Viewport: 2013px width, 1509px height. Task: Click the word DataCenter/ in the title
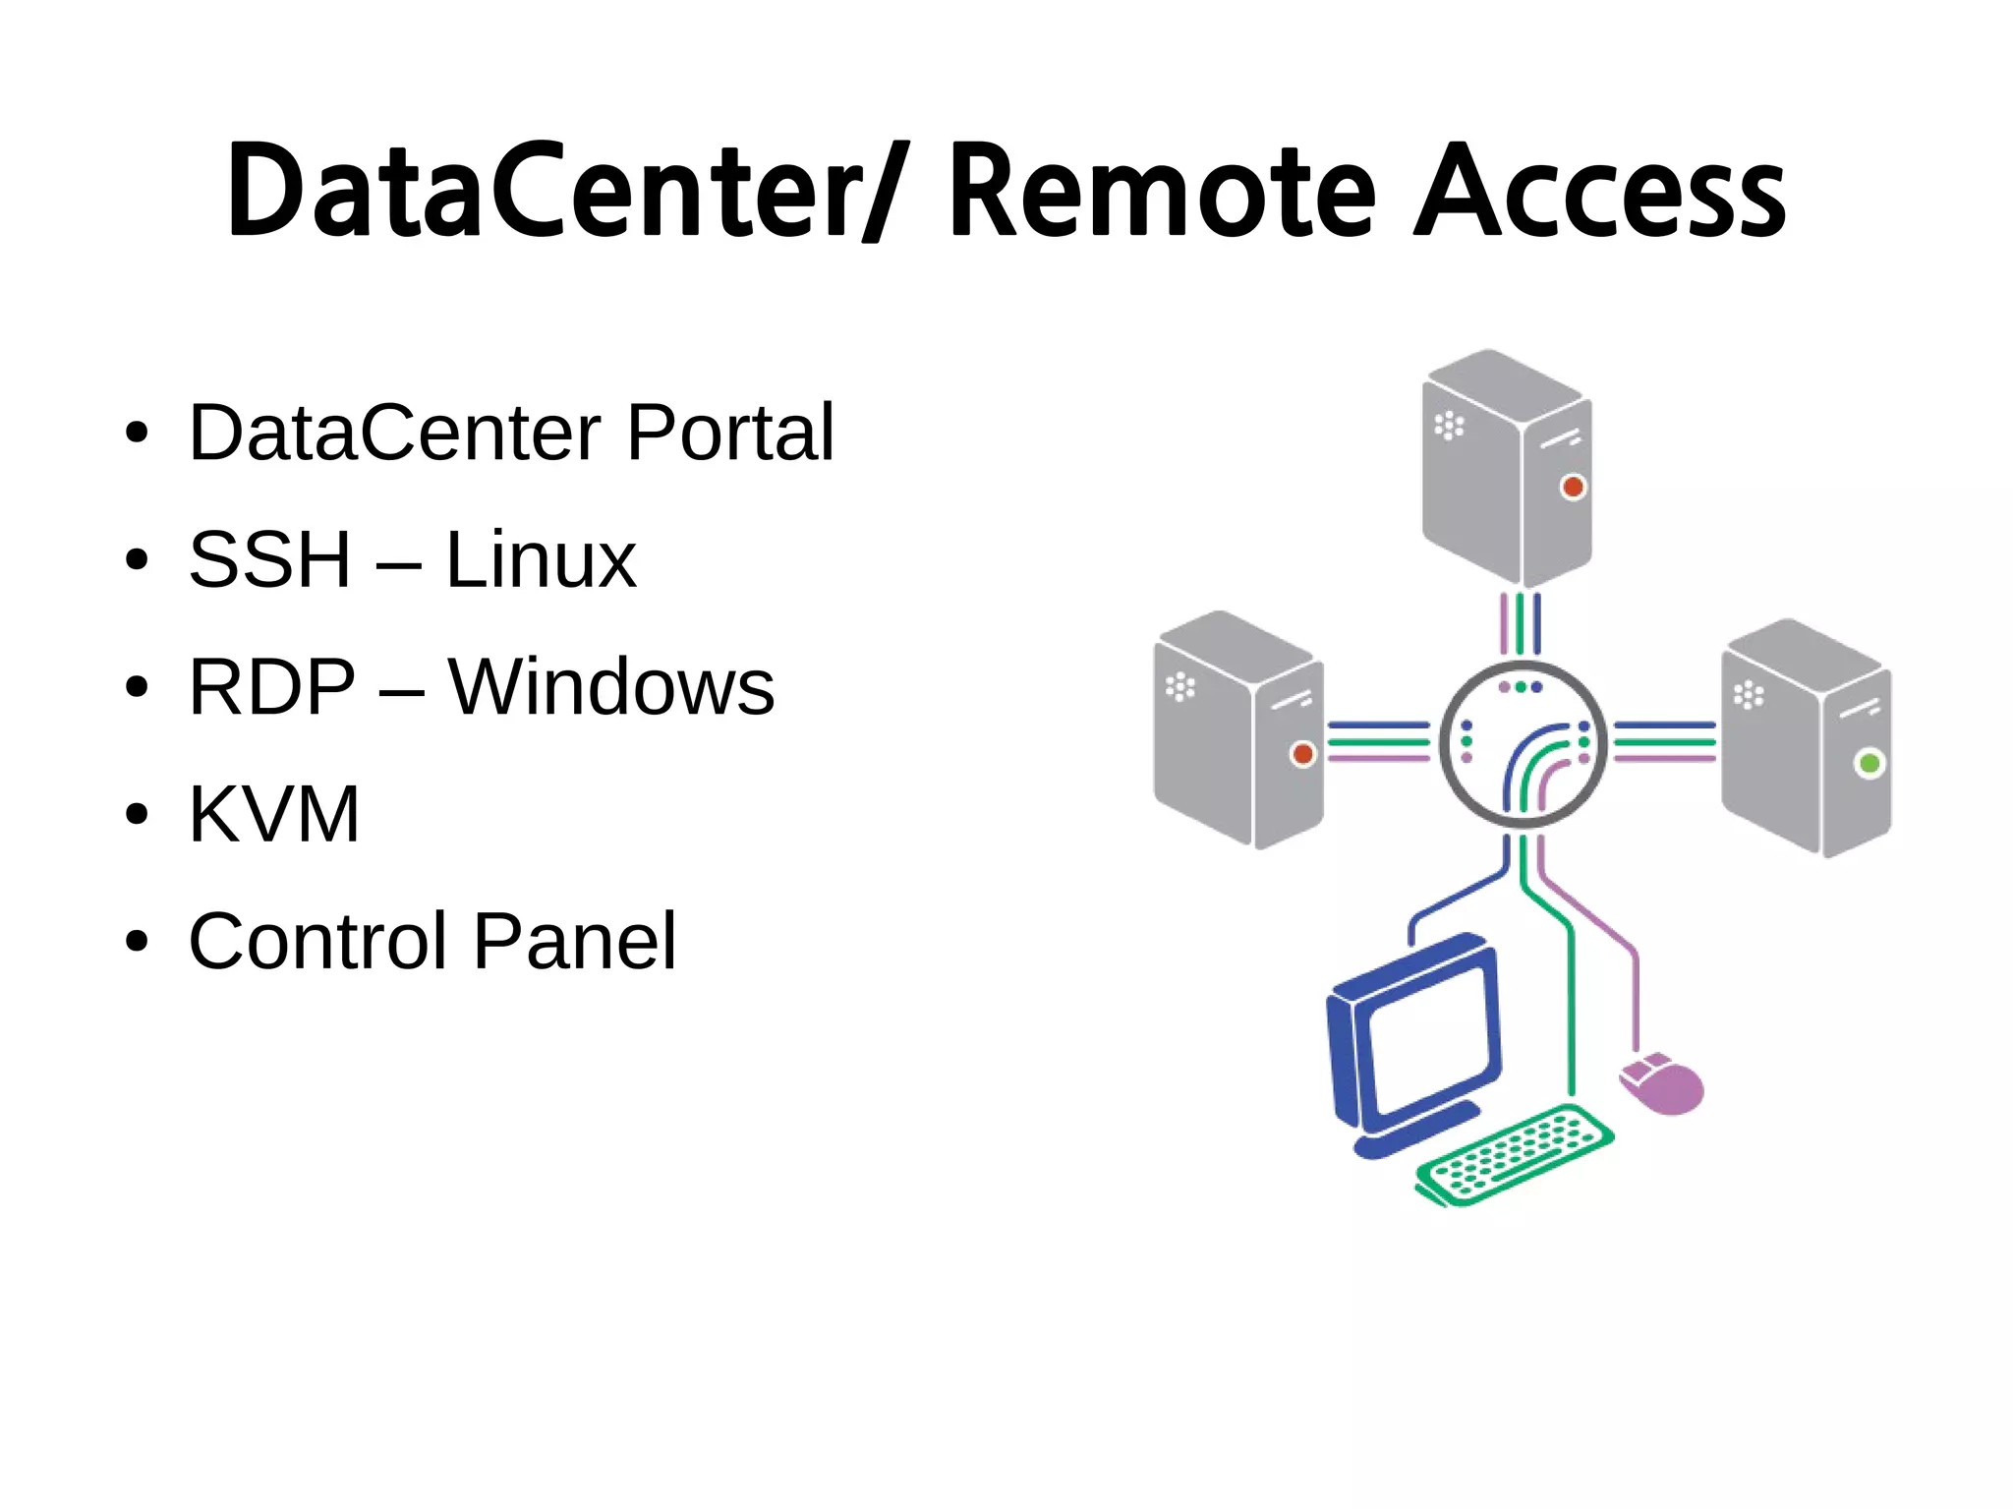[x=560, y=192]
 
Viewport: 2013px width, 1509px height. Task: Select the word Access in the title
[x=1599, y=192]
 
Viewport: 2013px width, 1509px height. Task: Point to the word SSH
[x=269, y=559]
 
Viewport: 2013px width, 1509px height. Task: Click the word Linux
[x=541, y=559]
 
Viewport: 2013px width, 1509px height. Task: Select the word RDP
[x=272, y=687]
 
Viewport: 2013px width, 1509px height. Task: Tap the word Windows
[x=610, y=687]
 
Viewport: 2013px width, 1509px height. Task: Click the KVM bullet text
[x=274, y=814]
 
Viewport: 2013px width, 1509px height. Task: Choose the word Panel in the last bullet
[x=575, y=941]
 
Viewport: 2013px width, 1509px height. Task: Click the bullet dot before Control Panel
[x=137, y=941]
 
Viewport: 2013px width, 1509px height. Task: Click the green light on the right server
[x=1869, y=763]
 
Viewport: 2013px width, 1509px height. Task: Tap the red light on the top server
[x=1573, y=487]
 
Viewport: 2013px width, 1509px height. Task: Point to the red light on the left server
[x=1302, y=754]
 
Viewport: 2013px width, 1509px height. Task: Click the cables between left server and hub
[x=1378, y=741]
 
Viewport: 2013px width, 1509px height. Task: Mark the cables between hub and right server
[x=1664, y=741]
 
